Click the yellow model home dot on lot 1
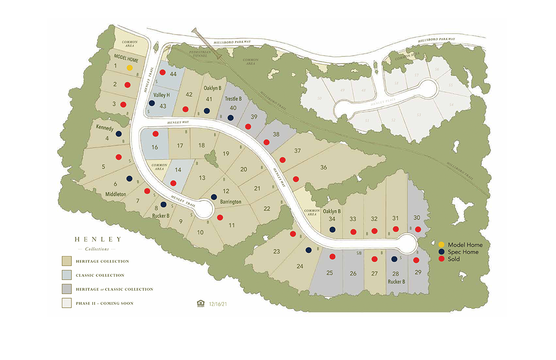(129, 68)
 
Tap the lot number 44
(173, 74)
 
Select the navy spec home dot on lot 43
(152, 103)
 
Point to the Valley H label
(162, 95)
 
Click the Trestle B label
(233, 98)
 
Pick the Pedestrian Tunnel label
(199, 55)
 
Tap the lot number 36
(323, 167)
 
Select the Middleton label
(115, 194)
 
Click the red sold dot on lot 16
(155, 134)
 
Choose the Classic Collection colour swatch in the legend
(66, 275)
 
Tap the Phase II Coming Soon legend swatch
(66, 303)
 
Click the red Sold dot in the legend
(441, 259)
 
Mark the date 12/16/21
(218, 304)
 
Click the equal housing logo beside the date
(200, 304)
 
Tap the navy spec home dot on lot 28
(394, 259)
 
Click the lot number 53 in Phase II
(418, 115)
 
